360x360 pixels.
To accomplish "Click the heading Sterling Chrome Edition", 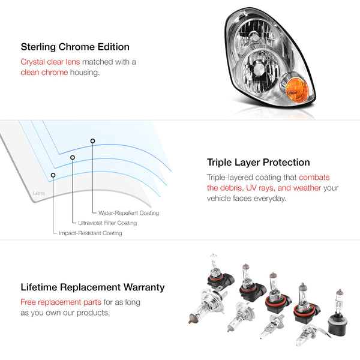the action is click(x=75, y=47).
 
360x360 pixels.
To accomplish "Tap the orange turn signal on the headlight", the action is click(x=297, y=89).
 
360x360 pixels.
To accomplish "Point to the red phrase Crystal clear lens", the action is click(x=50, y=62).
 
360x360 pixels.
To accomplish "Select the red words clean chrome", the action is click(x=44, y=73).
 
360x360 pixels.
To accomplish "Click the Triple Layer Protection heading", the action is click(x=258, y=163).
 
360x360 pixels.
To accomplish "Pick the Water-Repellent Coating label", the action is click(x=128, y=213).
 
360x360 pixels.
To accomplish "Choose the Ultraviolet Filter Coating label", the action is click(x=107, y=223).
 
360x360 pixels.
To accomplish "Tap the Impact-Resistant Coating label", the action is click(x=91, y=233).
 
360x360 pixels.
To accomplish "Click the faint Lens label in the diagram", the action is click(x=39, y=193).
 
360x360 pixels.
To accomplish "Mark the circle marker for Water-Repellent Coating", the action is click(x=92, y=141).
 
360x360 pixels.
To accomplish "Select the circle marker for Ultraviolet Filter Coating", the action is click(x=73, y=157).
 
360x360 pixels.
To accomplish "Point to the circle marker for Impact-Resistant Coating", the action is click(x=53, y=175).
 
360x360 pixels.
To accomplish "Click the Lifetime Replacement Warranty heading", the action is click(x=92, y=287).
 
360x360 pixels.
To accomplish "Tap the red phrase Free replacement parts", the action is click(x=61, y=302).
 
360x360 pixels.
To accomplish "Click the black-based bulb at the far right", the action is click(x=338, y=313).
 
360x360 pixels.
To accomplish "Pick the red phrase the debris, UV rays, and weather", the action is click(x=264, y=188).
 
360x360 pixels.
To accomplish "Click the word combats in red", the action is click(x=314, y=177).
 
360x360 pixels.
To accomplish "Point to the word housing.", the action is click(x=85, y=73).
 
